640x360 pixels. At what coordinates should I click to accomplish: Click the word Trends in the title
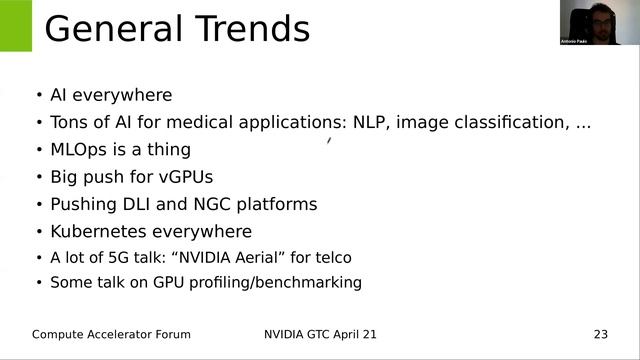(251, 28)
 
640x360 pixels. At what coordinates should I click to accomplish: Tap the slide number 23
(600, 333)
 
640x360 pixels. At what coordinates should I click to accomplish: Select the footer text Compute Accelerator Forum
(111, 333)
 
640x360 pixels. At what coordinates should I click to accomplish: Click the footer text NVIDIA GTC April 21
(321, 333)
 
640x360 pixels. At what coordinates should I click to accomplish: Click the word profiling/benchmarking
(284, 283)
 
